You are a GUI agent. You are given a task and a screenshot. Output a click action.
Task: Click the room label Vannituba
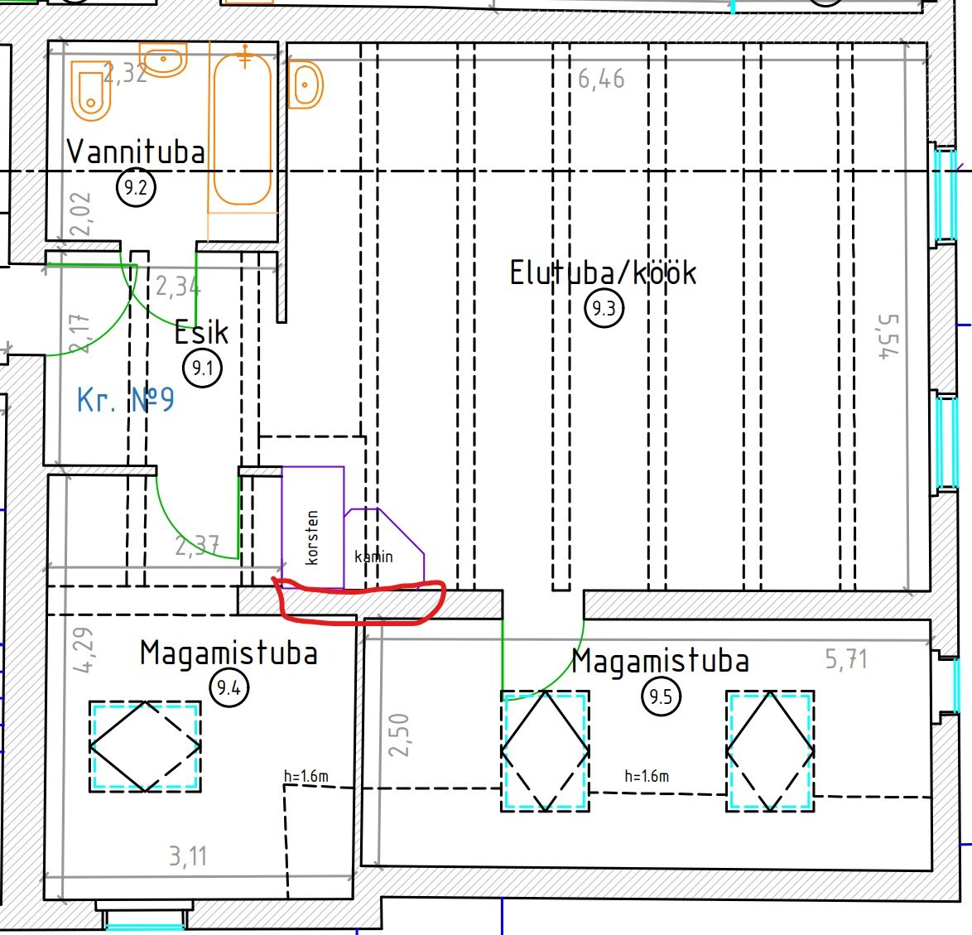[136, 152]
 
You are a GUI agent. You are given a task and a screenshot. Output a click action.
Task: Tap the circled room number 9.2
[136, 187]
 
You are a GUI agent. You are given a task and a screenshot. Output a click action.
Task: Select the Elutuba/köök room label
[604, 272]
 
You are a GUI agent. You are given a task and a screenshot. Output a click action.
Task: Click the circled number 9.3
[604, 308]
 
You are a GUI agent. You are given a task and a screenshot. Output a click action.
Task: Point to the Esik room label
[201, 332]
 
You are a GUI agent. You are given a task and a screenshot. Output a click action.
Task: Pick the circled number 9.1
[202, 369]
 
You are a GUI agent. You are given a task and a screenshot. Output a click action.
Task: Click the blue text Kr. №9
[125, 400]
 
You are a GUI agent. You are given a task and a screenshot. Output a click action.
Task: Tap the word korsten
[312, 537]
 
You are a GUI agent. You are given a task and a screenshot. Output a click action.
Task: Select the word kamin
[373, 557]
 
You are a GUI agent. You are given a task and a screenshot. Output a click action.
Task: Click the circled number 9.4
[229, 687]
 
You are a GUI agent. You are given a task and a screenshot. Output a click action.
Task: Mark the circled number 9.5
[661, 696]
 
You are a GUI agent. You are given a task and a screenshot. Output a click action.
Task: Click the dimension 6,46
[601, 80]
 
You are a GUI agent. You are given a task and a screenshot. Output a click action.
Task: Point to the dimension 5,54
[889, 336]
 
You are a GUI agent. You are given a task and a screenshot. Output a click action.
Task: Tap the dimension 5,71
[846, 659]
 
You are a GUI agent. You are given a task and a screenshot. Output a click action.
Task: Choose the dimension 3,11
[188, 856]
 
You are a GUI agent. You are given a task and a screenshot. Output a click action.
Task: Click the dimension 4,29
[84, 649]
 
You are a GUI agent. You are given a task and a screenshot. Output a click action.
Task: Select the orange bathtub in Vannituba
[243, 128]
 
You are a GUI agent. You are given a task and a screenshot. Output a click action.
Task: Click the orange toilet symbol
[91, 91]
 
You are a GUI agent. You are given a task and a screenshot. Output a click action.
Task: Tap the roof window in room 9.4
[145, 746]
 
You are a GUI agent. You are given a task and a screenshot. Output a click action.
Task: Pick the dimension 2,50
[399, 735]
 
